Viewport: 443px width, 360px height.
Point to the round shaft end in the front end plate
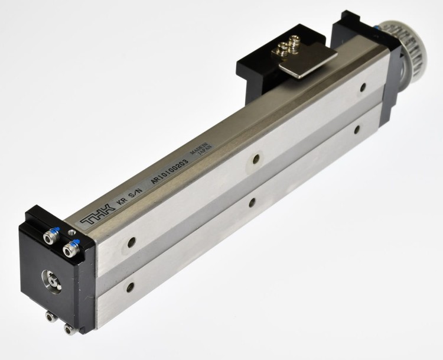coord(52,281)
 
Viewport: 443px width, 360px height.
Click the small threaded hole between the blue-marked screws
coord(72,232)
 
